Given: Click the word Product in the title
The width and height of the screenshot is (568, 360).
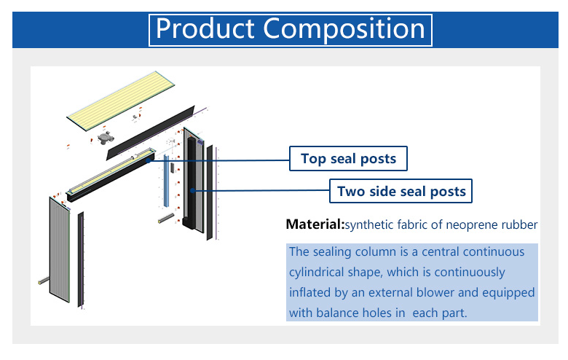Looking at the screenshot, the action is point(205,29).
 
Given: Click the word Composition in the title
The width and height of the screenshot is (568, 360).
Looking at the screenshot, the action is point(344,30).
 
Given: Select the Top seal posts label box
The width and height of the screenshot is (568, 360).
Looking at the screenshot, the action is point(348,158).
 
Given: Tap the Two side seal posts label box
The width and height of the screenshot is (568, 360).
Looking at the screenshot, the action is point(401,191).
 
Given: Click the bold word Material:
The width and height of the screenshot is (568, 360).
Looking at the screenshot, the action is point(315,224).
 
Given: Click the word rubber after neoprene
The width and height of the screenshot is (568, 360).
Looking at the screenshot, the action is point(519,224).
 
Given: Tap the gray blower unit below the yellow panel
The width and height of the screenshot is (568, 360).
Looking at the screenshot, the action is point(106,138).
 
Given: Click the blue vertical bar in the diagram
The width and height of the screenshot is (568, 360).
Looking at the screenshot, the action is point(166,181).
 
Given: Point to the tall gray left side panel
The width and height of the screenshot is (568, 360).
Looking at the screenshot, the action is point(60,249).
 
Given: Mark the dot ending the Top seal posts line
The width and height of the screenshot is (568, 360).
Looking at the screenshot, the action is point(148,160).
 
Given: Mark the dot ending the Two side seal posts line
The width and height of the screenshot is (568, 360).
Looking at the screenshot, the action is point(192,190).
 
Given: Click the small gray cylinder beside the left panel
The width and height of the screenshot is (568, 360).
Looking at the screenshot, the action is point(44,281).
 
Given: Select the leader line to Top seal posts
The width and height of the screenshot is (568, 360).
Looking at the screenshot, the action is point(218,160).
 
